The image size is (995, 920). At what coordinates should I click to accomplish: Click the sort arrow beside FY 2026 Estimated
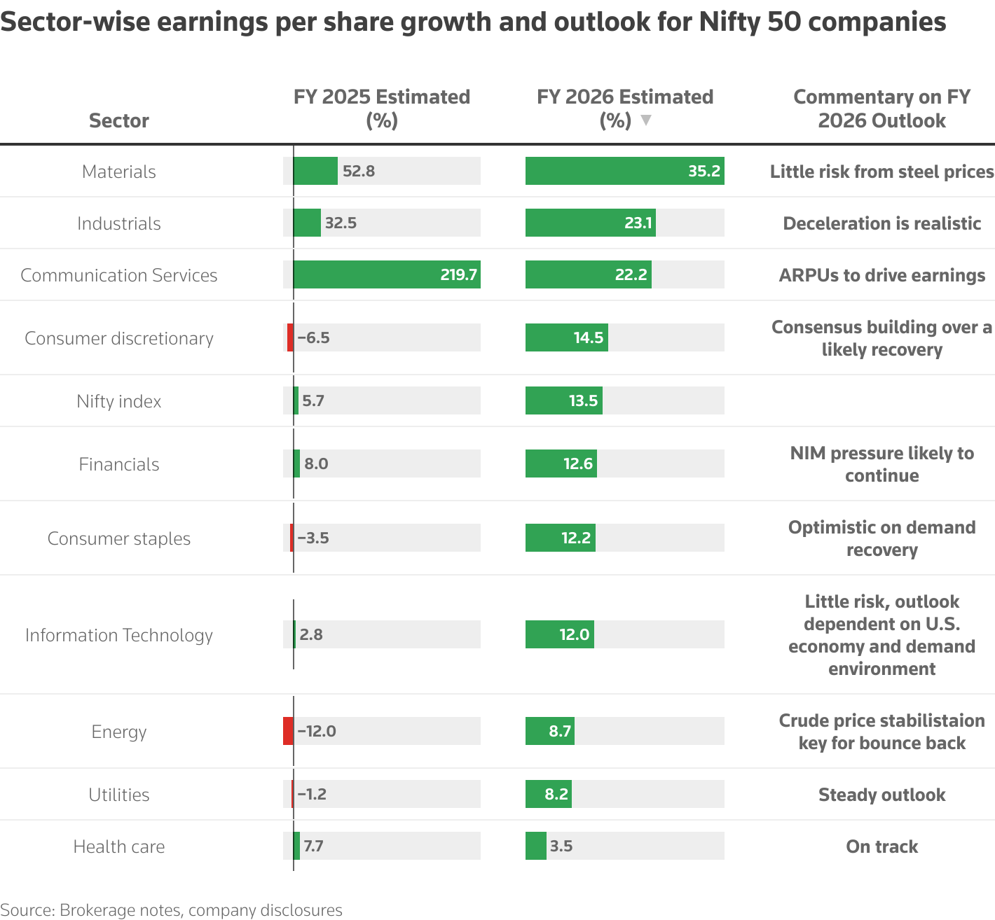click(x=646, y=120)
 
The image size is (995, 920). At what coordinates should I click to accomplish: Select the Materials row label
click(x=119, y=172)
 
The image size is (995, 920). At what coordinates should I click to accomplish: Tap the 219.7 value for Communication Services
click(x=458, y=274)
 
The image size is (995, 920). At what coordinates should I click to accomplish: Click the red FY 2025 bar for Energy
click(x=288, y=731)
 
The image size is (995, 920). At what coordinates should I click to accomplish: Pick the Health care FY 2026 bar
click(x=536, y=846)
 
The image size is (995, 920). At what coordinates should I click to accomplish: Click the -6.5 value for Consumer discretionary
click(x=313, y=337)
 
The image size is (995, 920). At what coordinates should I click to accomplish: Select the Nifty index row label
click(x=119, y=401)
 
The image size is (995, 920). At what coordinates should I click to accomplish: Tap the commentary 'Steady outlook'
click(x=881, y=795)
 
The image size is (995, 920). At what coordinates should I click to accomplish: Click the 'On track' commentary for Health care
click(x=881, y=846)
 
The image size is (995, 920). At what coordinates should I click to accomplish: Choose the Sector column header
click(x=119, y=120)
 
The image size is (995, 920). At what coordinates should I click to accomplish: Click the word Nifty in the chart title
click(x=729, y=22)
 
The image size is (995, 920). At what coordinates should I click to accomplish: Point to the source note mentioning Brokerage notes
click(x=172, y=909)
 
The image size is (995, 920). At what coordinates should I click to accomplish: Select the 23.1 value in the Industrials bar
click(x=638, y=223)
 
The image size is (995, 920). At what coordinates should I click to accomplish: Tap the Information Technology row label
click(x=119, y=635)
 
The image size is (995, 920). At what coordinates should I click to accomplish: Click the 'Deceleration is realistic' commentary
click(x=881, y=223)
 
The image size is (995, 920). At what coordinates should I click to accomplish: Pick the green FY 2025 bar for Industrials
click(x=307, y=223)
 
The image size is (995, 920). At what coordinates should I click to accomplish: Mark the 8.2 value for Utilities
click(x=556, y=794)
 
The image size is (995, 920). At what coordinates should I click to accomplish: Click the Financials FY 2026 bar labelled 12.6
click(x=561, y=464)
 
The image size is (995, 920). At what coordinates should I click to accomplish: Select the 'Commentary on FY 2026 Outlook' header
click(x=881, y=109)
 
